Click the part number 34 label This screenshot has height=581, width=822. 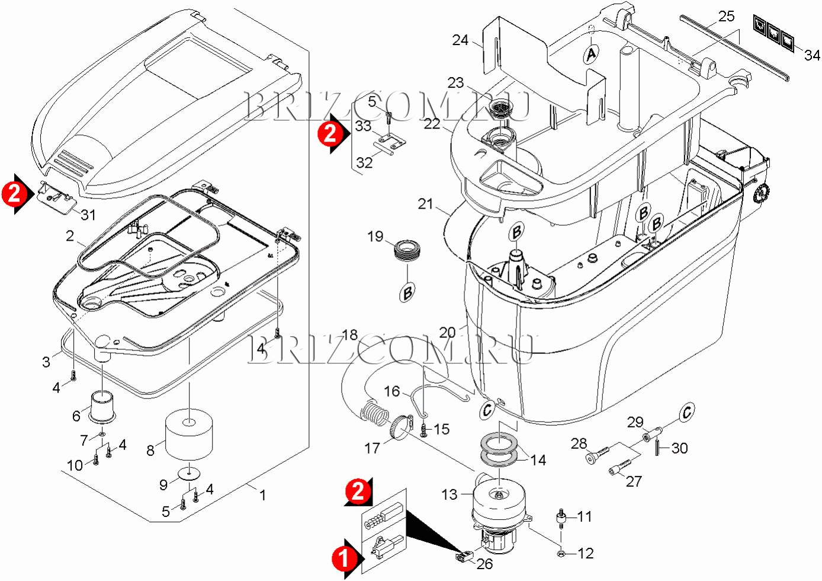(812, 55)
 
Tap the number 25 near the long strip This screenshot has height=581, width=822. (726, 16)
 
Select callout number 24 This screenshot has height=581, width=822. (460, 40)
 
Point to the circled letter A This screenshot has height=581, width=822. (591, 54)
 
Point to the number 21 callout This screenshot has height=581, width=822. (425, 203)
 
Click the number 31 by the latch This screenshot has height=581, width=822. (88, 214)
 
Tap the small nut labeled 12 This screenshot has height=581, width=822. (560, 553)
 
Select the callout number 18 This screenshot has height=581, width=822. (350, 335)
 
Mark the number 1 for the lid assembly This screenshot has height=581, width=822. (263, 494)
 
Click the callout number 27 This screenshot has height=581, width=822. (634, 481)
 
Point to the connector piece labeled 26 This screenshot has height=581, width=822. (464, 556)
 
